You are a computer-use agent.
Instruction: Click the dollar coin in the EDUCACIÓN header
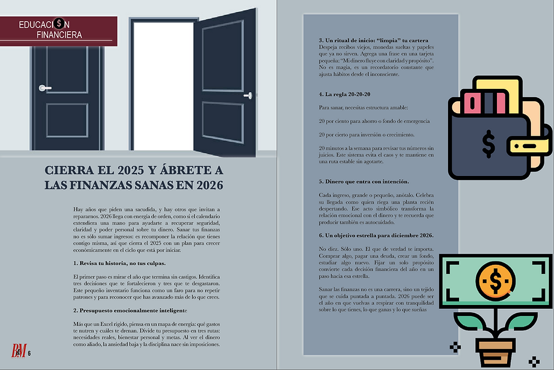pos(60,24)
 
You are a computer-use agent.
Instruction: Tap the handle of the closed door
pos(44,88)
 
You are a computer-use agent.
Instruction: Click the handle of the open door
pos(247,97)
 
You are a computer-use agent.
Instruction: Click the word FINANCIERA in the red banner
pos(59,35)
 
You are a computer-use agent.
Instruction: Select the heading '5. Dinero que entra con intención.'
pos(364,181)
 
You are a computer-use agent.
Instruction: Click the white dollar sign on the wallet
pos(488,144)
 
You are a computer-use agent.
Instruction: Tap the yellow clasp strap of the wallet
pos(530,146)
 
